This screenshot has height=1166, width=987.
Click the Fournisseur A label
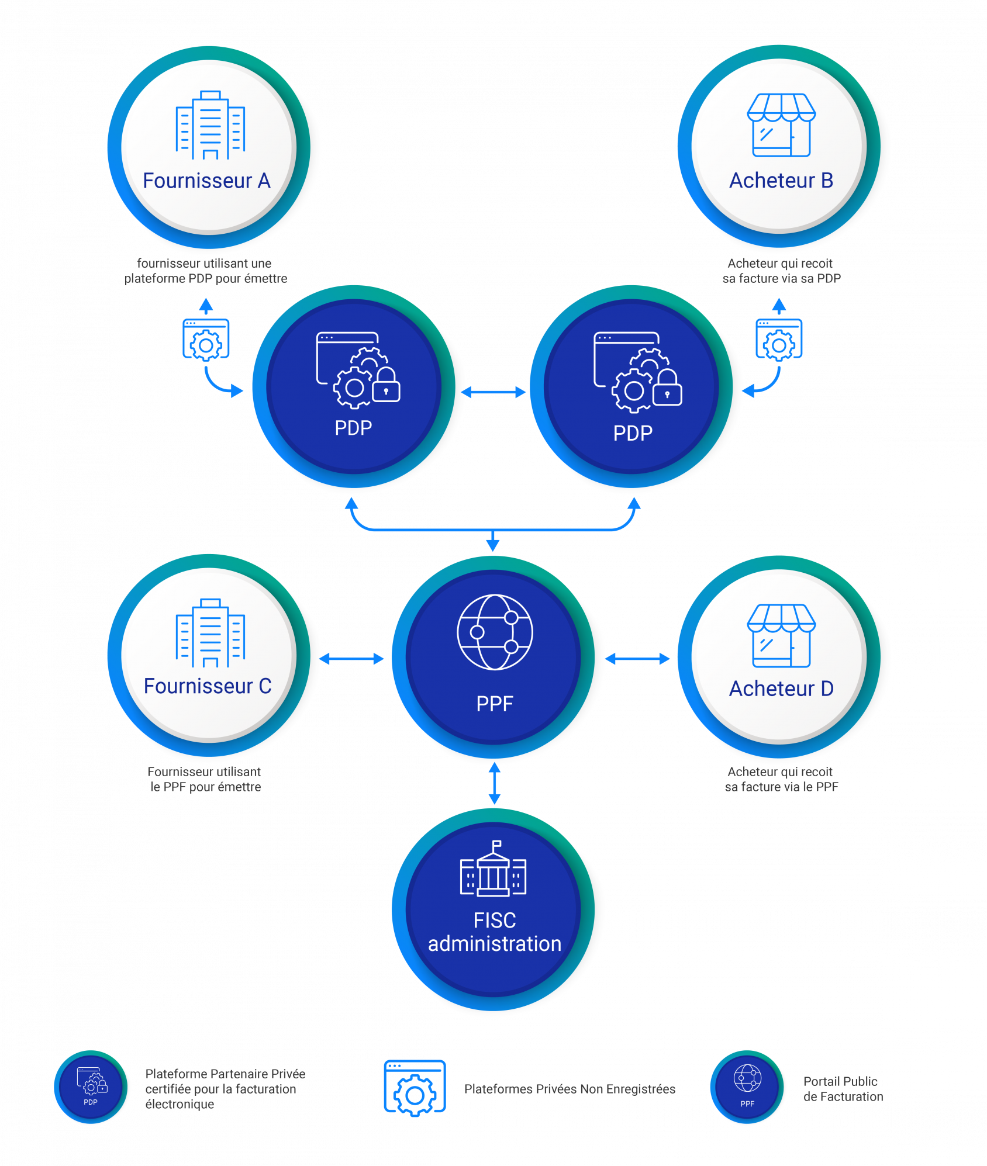tap(206, 181)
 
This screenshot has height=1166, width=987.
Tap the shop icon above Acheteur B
tap(781, 125)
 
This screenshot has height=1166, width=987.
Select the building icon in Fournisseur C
tap(210, 633)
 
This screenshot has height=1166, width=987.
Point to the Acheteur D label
tap(781, 688)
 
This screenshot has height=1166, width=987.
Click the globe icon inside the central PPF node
tap(495, 632)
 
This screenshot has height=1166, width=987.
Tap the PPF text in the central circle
tap(495, 704)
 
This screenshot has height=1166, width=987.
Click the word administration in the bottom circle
tap(495, 944)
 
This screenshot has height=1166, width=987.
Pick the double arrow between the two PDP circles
tap(493, 392)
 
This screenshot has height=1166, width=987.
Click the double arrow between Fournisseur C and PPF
tap(352, 659)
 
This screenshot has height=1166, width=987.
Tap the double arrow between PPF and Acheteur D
tap(638, 659)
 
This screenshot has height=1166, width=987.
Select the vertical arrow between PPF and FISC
tap(495, 783)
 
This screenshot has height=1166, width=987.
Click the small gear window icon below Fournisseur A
tap(206, 340)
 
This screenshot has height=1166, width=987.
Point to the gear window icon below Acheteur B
tap(779, 340)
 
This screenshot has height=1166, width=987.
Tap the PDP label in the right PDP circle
tap(633, 433)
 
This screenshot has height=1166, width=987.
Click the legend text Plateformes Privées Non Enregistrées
tap(570, 1089)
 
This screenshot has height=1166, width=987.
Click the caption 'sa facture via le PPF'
tap(781, 787)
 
